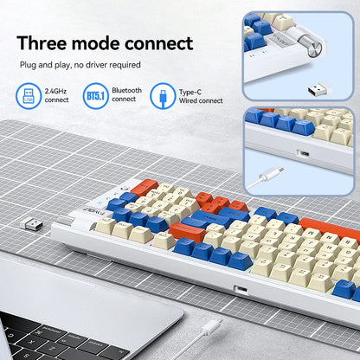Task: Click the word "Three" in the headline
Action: [x=42, y=43]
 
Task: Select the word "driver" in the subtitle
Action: [x=96, y=65]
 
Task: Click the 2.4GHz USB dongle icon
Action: [x=29, y=96]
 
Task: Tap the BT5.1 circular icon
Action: [x=95, y=96]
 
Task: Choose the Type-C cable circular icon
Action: [x=163, y=96]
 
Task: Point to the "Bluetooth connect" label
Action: [x=126, y=94]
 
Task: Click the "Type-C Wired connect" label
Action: [x=201, y=96]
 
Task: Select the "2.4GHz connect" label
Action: [x=56, y=95]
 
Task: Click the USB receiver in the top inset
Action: [x=319, y=90]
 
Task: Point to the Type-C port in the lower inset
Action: [x=303, y=153]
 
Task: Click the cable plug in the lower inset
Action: [x=271, y=173]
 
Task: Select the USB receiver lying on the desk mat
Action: [x=31, y=223]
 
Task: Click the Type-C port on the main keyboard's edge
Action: [x=241, y=289]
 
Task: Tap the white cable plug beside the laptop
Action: [x=211, y=327]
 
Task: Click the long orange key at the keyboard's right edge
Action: [x=330, y=228]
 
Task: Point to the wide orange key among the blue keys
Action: [x=187, y=231]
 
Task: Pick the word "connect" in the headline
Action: [x=159, y=43]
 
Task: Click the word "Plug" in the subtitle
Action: [x=28, y=65]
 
